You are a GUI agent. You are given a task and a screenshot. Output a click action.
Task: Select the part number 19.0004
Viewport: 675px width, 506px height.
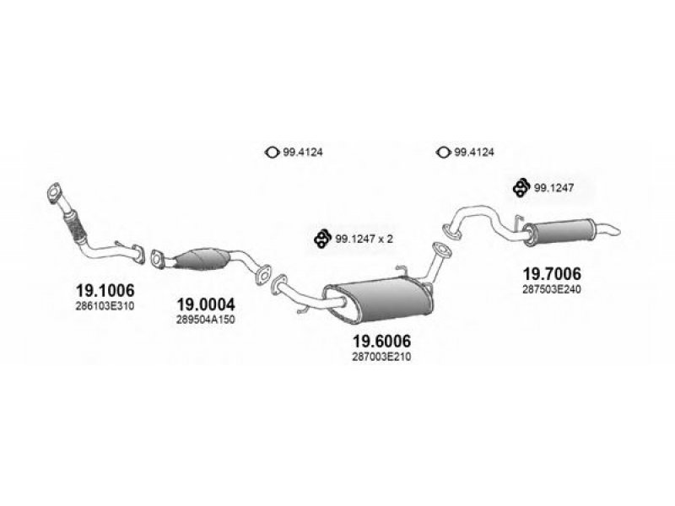pos(206,304)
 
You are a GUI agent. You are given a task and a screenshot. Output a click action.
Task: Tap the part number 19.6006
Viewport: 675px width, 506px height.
pos(381,341)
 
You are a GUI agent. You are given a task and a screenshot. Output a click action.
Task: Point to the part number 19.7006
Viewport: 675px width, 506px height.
pos(552,273)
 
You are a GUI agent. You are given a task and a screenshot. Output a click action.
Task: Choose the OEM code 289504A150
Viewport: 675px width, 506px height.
pos(206,320)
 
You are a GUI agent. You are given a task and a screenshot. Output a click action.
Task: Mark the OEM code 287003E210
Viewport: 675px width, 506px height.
pos(381,357)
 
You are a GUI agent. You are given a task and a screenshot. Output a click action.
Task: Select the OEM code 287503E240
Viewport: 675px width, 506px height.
pos(552,289)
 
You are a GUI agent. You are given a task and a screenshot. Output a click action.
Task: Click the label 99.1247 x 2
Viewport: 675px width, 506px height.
pos(364,239)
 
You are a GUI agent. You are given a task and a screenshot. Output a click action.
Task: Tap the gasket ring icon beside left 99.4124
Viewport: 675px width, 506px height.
pos(270,152)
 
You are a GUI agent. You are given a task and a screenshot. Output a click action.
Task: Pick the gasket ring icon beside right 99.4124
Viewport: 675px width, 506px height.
pos(443,152)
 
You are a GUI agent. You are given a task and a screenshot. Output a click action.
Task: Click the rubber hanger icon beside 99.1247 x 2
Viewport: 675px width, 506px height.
pos(322,240)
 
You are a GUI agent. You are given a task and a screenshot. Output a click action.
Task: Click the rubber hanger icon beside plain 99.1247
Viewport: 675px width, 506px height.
pos(521,187)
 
